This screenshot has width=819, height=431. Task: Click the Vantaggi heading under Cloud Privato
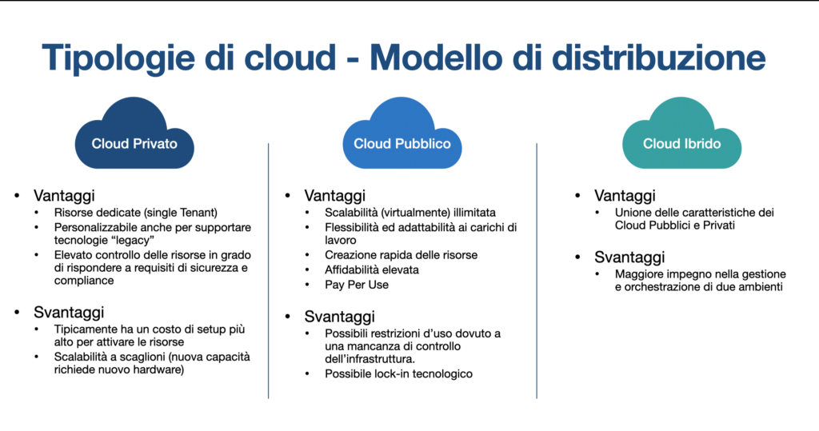[65, 196]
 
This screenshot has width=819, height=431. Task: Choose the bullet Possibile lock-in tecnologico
[386, 373]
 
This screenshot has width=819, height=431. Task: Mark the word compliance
[83, 281]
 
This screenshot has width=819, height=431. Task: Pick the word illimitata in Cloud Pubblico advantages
[469, 213]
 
